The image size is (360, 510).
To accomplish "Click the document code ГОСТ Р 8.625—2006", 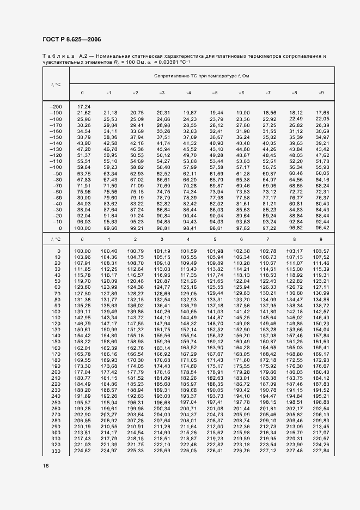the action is click(x=71, y=39).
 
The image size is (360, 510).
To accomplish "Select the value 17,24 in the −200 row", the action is click(x=84, y=106).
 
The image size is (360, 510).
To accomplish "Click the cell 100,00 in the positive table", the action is click(x=82, y=251).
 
